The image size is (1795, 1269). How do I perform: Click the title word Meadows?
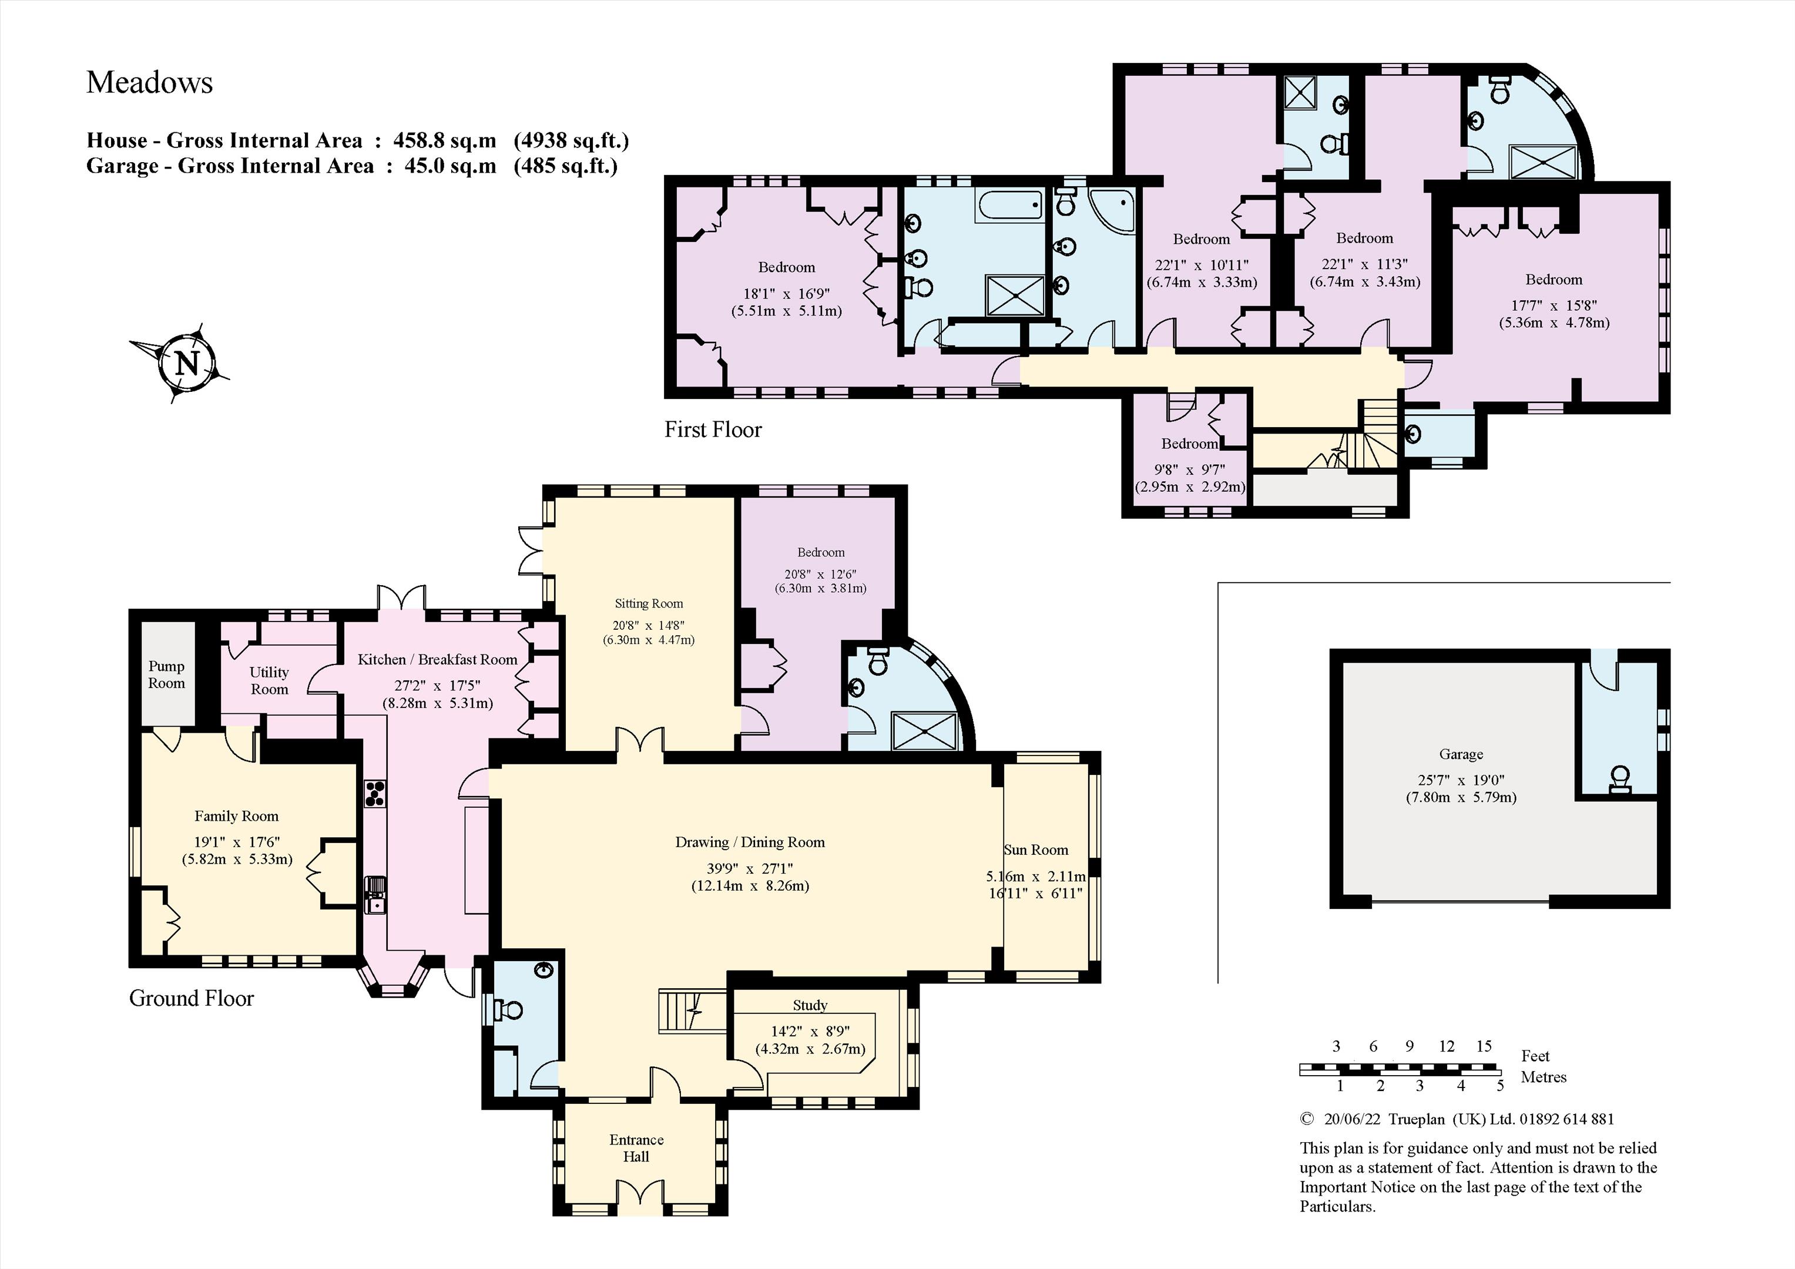(149, 82)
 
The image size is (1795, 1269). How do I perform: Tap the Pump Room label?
(166, 674)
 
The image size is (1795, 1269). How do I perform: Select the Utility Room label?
(269, 680)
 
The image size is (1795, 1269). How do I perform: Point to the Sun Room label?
(1036, 850)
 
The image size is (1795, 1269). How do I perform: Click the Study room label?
(810, 1005)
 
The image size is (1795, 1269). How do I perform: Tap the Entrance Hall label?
(636, 1148)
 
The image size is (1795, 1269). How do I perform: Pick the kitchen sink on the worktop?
(375, 895)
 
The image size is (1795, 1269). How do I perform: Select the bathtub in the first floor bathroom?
(1010, 206)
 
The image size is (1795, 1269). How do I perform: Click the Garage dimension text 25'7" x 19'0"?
(1461, 780)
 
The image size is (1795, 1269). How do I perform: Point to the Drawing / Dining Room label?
(750, 842)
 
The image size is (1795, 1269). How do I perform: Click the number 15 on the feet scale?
(1484, 1046)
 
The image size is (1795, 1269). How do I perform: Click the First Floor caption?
(713, 429)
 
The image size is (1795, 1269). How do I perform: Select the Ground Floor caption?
(192, 999)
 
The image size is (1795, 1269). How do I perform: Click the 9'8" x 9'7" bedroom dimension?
(1189, 470)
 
